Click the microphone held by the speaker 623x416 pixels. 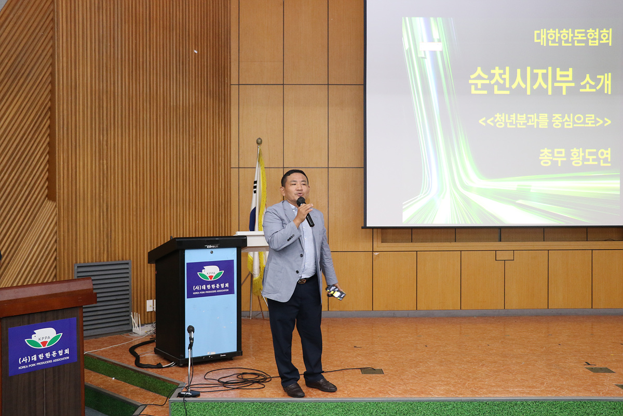[305, 211]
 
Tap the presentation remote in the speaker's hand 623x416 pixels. [335, 292]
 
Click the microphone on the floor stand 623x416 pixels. [191, 334]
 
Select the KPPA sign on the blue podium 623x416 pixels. [210, 279]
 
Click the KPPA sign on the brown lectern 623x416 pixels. [43, 347]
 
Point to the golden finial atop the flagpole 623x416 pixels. [259, 141]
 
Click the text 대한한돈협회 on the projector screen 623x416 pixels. [573, 37]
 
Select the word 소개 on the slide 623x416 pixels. [595, 83]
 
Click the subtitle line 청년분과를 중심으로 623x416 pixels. [545, 121]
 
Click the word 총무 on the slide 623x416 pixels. [552, 157]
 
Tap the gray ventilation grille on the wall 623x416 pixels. [103, 298]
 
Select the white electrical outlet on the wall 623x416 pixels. [150, 305]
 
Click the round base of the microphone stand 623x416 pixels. [189, 394]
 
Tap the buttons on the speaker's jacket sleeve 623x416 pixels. [291, 238]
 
